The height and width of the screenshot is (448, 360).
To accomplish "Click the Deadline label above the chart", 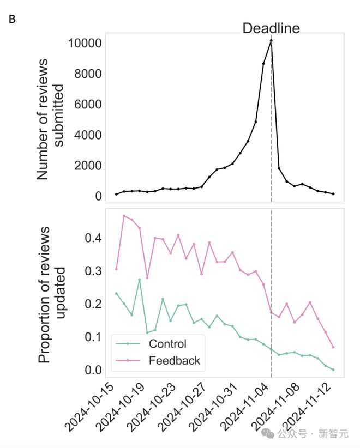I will (271, 28).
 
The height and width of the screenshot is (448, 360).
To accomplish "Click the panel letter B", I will (12, 19).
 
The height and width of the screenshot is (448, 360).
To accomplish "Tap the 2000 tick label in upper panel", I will (87, 166).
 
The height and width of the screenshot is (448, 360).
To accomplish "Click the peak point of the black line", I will (271, 40).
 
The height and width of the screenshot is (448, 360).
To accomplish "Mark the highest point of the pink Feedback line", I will (124, 216).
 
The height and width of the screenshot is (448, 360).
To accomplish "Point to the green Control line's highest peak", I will (140, 280).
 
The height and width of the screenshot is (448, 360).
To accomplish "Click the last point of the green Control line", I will (333, 370).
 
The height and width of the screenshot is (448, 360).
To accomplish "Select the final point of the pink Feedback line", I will (333, 347).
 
